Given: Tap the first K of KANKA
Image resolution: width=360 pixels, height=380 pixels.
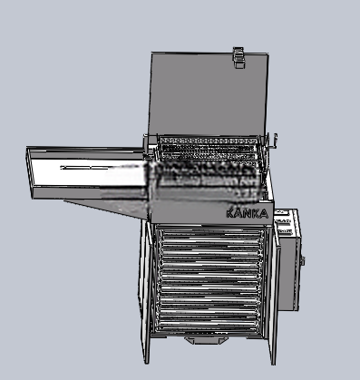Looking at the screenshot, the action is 230,213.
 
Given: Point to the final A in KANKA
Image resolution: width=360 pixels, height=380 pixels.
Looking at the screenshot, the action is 264,214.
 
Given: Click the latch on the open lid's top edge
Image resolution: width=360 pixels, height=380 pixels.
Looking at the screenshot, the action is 238,57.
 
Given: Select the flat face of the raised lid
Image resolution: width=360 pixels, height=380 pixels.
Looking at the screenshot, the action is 208,93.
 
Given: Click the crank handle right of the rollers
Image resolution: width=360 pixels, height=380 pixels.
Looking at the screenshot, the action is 273,141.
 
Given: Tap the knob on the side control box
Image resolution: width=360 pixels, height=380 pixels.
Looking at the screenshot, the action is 303,260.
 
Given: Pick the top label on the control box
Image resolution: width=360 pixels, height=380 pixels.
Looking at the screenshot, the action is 283,213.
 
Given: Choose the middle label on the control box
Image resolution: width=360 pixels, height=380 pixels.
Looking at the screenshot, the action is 284,222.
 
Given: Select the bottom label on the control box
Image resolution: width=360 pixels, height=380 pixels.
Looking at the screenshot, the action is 284,231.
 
